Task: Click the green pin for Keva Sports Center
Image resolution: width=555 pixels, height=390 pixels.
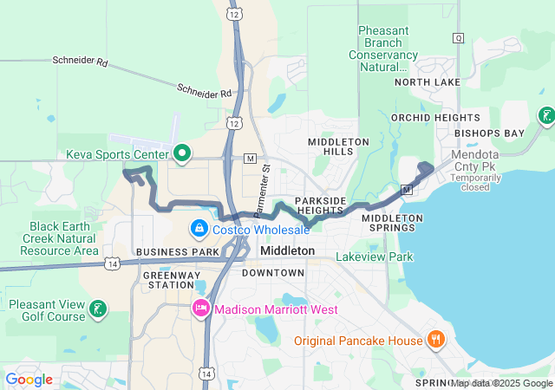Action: click(x=181, y=154)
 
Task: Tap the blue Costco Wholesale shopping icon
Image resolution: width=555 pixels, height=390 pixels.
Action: click(x=199, y=229)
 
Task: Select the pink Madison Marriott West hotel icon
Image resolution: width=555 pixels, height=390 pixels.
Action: click(x=201, y=309)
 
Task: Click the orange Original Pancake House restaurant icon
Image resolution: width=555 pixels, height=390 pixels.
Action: click(x=436, y=341)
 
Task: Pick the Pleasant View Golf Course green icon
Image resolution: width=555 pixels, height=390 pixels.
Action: click(x=98, y=309)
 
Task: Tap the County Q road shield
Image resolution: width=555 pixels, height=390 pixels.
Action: click(x=458, y=37)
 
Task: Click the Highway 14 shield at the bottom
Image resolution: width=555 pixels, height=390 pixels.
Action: click(x=206, y=373)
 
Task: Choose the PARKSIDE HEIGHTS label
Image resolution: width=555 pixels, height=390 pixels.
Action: click(x=320, y=205)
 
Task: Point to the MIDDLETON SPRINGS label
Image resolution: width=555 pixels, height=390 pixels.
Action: click(x=392, y=224)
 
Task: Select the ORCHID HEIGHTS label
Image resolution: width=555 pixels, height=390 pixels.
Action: click(x=423, y=117)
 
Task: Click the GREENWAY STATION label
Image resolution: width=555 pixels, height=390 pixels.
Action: click(x=168, y=279)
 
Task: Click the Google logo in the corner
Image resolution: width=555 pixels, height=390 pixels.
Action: click(x=29, y=380)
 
